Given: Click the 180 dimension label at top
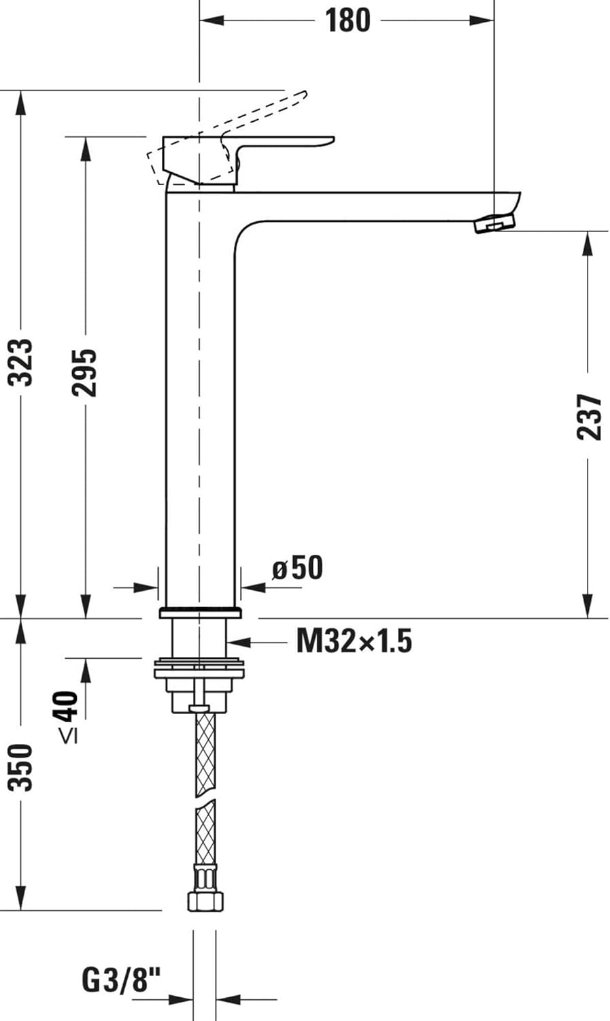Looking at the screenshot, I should (347, 20).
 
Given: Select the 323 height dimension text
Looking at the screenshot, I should (23, 361).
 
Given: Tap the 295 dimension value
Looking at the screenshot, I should (85, 372).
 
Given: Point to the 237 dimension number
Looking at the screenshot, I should (589, 416).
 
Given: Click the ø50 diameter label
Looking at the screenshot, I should (297, 568).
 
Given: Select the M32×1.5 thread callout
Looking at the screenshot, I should (354, 641).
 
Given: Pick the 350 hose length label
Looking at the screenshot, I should (21, 767).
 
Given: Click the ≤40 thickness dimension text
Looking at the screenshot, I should (67, 715).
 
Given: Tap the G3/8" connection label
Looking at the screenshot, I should (122, 981).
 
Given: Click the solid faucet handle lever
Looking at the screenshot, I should (286, 144).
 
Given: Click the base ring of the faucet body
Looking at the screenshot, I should (200, 612).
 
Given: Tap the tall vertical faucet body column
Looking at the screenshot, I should (200, 408).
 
